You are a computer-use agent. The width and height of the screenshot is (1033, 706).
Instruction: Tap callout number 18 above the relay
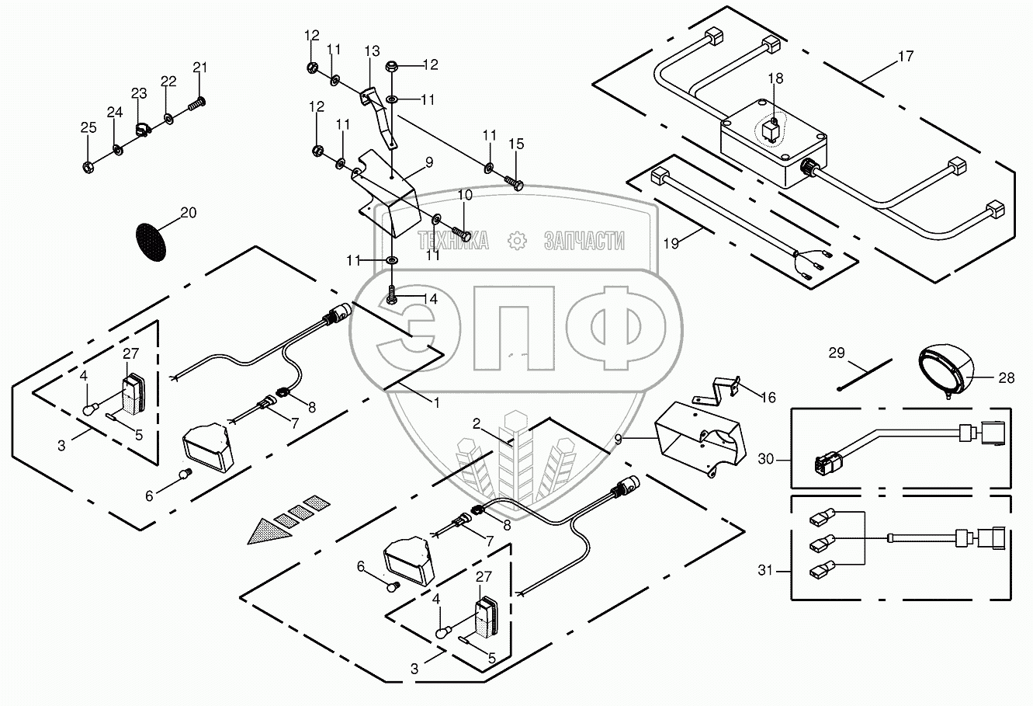[x=776, y=78]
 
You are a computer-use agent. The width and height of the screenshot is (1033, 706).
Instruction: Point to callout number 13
[x=372, y=51]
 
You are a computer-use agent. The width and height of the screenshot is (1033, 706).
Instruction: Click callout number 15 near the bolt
[x=516, y=144]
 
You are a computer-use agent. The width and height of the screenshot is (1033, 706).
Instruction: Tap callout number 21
[x=200, y=67]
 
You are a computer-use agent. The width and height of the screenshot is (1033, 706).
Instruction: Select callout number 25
[x=88, y=127]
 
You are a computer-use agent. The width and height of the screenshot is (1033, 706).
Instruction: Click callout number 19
[x=671, y=243]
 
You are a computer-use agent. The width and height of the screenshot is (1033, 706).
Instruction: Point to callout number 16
[x=768, y=398]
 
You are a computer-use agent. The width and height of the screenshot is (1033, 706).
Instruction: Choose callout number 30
[x=766, y=459]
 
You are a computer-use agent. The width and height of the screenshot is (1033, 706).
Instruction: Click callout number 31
[x=766, y=572]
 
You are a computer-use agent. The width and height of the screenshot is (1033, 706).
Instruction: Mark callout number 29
[x=836, y=353]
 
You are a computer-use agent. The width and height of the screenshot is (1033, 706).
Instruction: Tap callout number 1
[x=436, y=403]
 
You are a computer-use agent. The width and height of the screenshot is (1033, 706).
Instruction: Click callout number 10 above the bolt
[x=464, y=194]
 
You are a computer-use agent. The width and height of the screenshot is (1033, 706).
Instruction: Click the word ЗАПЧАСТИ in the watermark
[x=584, y=242]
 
